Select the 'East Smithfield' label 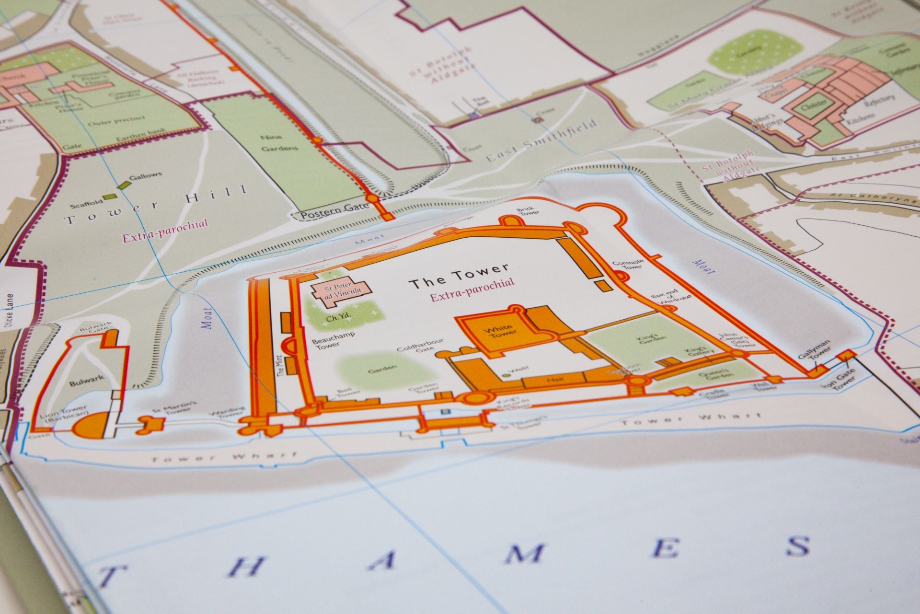pyautogui.click(x=541, y=141)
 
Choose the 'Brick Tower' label pyautogui.click(x=528, y=212)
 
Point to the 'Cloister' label pyautogui.click(x=814, y=105)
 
